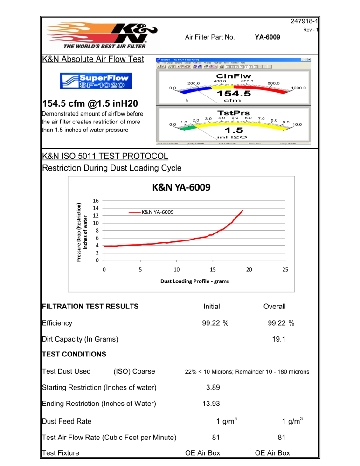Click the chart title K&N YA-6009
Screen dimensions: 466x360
(x=181, y=188)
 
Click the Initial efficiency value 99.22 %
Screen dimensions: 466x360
(x=212, y=322)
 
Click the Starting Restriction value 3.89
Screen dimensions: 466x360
(x=212, y=387)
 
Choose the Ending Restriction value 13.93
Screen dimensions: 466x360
(x=212, y=403)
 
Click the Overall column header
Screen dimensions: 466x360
(x=274, y=306)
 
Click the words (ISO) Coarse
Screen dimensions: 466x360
(x=134, y=371)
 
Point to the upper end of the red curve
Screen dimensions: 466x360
(x=242, y=210)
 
